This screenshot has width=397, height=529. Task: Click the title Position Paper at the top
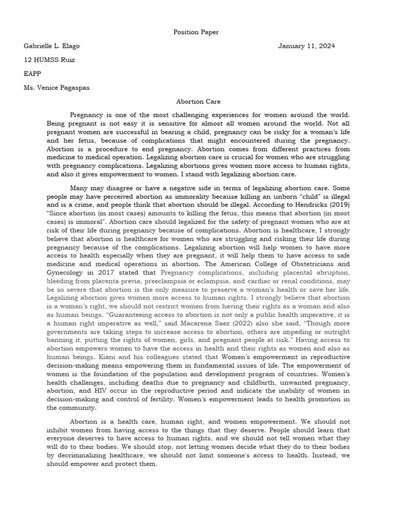pyautogui.click(x=196, y=32)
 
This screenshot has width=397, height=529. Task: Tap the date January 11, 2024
pyautogui.click(x=306, y=46)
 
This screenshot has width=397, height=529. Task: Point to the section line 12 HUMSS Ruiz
pyautogui.click(x=68, y=60)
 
